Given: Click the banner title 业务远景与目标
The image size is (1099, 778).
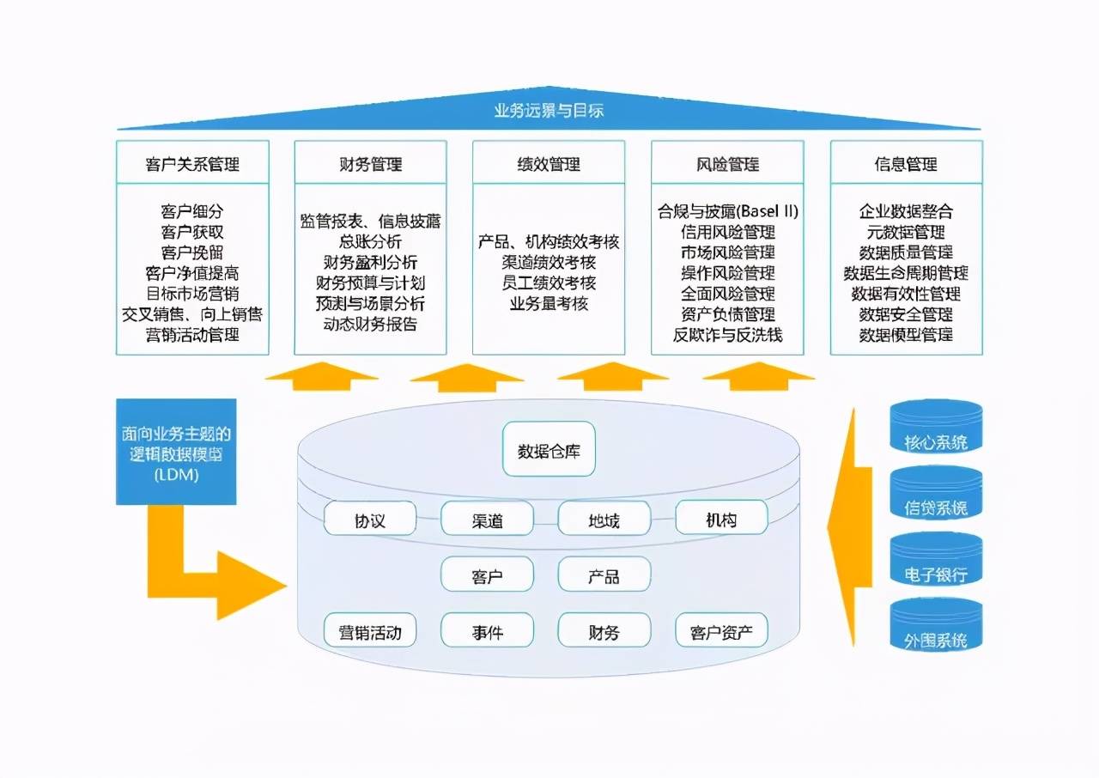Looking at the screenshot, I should pyautogui.click(x=550, y=111).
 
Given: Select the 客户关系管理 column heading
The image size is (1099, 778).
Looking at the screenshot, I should pyautogui.click(x=192, y=164).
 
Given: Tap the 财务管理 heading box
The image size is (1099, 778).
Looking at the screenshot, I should pyautogui.click(x=370, y=164).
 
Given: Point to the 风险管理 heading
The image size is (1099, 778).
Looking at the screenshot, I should pyautogui.click(x=727, y=164).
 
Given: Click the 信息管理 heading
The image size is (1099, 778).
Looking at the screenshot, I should pyautogui.click(x=906, y=164).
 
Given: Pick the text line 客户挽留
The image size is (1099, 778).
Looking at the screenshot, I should pyautogui.click(x=192, y=252).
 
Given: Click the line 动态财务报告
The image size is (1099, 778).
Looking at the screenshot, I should pyautogui.click(x=370, y=325).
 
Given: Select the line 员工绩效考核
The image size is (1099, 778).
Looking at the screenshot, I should pyautogui.click(x=549, y=283).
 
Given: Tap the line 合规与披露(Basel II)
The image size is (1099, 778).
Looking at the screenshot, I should pyautogui.click(x=727, y=211).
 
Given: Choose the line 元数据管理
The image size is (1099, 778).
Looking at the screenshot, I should pyautogui.click(x=906, y=232).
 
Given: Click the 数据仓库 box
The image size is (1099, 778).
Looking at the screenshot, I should pyautogui.click(x=549, y=449).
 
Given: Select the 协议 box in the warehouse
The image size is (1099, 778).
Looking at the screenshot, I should pyautogui.click(x=370, y=520).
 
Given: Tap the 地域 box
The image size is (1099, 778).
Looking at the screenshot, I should pyautogui.click(x=604, y=520).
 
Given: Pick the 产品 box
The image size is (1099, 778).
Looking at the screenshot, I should pyautogui.click(x=604, y=576).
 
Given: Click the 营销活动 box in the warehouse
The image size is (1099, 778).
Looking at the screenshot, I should pyautogui.click(x=370, y=633).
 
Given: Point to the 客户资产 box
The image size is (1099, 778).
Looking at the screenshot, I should pyautogui.click(x=721, y=633).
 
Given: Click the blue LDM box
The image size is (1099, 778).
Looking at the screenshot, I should pyautogui.click(x=176, y=452).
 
